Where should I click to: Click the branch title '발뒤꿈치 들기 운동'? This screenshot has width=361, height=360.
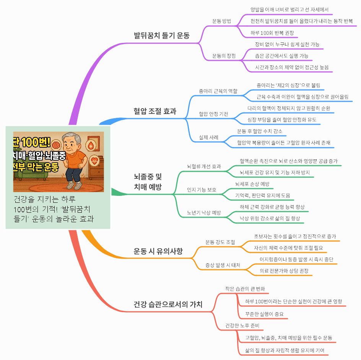(162, 36)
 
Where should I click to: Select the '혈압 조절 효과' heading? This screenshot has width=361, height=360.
(155, 111)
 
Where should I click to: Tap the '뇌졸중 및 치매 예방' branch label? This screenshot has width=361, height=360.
(148, 182)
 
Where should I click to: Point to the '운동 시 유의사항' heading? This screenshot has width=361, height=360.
(158, 251)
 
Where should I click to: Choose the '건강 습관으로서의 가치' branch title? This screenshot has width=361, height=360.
(168, 304)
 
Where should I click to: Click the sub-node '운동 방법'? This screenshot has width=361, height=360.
(221, 21)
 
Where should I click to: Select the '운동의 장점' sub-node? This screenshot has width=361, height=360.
(224, 56)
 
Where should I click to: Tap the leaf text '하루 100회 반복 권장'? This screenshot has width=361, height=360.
(272, 33)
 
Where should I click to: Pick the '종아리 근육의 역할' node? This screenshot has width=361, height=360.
(218, 91)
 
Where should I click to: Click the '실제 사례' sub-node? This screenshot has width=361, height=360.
(208, 137)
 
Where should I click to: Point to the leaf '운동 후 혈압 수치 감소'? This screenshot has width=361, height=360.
(260, 131)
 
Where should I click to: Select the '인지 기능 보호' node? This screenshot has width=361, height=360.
(202, 189)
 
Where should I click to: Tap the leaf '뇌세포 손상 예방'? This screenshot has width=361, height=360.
(252, 184)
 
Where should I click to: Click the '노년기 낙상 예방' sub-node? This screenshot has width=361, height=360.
(204, 213)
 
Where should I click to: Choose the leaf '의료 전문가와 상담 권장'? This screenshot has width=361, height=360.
(284, 271)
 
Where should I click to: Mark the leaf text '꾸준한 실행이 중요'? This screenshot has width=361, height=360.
(264, 314)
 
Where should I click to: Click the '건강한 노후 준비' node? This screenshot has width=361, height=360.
(242, 326)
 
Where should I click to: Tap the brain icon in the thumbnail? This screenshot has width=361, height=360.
(56, 145)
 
